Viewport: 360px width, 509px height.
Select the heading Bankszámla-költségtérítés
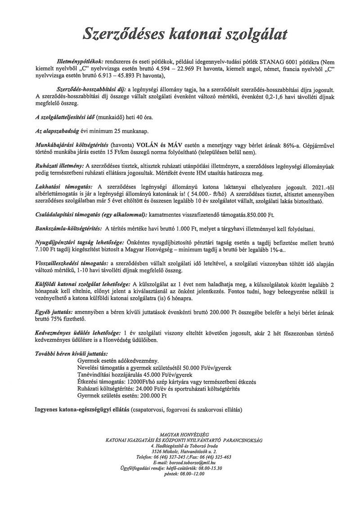[x=68, y=229]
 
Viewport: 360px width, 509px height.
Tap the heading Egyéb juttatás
[x=54, y=311]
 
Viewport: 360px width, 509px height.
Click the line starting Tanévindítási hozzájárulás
[x=135, y=374]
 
